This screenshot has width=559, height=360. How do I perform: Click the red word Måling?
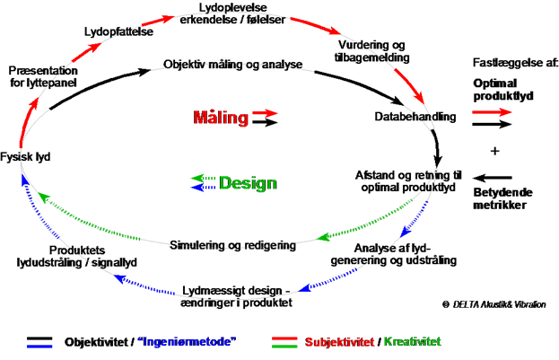coord(221,117)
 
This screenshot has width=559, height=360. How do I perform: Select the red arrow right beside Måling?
coord(266,113)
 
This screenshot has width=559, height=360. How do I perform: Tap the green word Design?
coord(248,183)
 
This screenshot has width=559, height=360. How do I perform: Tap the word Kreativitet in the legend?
coord(412,342)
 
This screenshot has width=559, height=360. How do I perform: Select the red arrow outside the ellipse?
coord(493,112)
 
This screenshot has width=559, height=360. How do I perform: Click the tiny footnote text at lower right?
coord(493,304)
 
